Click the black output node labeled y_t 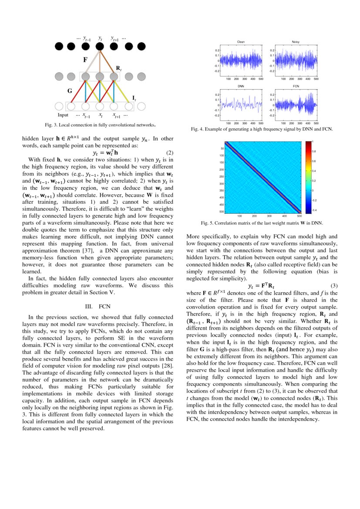point(100,46)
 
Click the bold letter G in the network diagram point(69,91)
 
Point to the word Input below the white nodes point(63,115)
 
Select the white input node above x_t point(100,106)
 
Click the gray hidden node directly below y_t point(100,77)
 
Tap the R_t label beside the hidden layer point(118,68)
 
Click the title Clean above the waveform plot point(241,42)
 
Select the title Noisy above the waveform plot point(296,42)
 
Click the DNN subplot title point(241,87)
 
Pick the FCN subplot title point(296,87)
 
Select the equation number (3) point(334,286)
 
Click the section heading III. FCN point(98,307)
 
